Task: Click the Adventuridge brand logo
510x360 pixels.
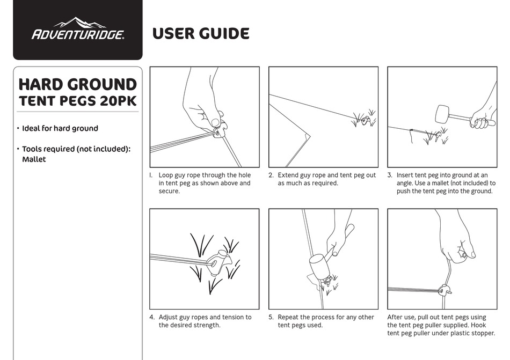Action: point(78,31)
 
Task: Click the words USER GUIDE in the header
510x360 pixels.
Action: point(201,34)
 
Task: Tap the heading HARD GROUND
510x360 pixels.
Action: point(78,84)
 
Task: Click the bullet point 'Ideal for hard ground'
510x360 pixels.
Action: point(60,128)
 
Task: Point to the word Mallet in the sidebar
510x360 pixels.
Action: point(34,159)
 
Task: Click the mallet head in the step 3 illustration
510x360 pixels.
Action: point(442,114)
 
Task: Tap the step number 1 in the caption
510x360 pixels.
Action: point(151,175)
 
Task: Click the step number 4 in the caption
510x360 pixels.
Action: point(152,317)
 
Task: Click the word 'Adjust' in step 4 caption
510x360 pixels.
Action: point(169,317)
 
